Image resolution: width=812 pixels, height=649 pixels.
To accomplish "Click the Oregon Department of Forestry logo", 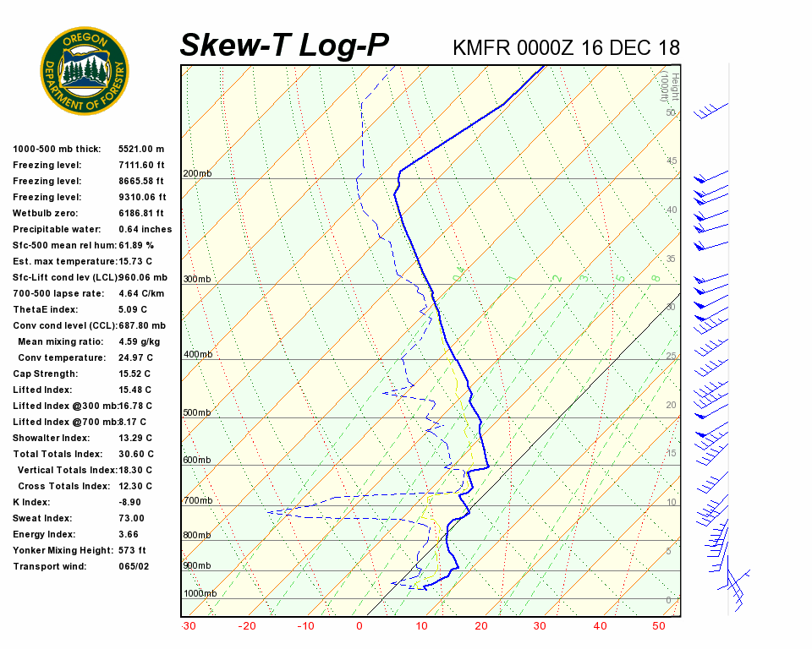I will tap(85, 70).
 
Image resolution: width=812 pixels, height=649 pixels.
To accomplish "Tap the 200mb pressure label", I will tap(197, 174).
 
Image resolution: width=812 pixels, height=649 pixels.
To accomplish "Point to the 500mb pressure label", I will tap(197, 413).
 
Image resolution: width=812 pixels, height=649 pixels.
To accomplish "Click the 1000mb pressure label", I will tap(200, 594).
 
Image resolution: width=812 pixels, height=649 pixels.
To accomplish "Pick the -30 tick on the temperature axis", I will tap(189, 626).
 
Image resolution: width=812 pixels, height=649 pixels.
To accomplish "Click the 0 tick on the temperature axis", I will tap(359, 626).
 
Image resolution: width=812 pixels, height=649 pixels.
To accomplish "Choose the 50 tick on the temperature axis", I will tap(659, 626).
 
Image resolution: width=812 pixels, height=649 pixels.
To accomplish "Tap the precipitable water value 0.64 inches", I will tap(145, 229).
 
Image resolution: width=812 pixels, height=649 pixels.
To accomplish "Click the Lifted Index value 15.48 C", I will tap(134, 390).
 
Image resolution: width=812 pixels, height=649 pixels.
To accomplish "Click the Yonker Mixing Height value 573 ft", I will tap(133, 550).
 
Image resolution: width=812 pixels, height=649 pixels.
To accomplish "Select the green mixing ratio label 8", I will tap(656, 278).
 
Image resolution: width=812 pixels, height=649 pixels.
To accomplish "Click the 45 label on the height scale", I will tap(672, 161).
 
